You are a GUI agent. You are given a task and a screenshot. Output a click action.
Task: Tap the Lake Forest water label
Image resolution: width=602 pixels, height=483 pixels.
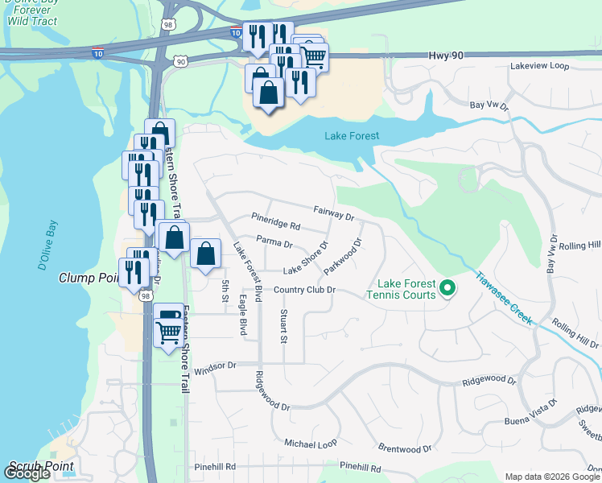click(x=352, y=136)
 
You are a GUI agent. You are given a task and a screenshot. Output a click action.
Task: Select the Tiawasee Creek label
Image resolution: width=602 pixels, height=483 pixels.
click(x=503, y=297)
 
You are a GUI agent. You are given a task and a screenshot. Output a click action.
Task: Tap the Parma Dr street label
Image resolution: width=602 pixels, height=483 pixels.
click(x=274, y=242)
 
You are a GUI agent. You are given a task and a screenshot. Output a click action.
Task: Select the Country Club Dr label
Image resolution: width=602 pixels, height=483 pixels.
click(x=303, y=290)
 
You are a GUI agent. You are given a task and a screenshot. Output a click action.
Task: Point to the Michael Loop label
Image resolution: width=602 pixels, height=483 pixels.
click(x=311, y=444)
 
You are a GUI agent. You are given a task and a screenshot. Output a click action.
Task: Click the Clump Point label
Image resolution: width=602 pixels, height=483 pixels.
click(x=89, y=278)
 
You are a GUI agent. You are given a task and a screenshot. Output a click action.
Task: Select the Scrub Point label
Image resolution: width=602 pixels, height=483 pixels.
click(x=41, y=466)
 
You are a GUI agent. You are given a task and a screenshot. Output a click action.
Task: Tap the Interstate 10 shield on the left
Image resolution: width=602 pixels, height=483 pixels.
click(x=97, y=53)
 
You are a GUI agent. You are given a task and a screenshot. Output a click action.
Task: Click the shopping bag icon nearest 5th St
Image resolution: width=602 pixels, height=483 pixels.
click(x=206, y=254)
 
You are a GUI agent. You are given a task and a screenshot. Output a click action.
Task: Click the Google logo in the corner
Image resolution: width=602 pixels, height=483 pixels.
click(x=27, y=473)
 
